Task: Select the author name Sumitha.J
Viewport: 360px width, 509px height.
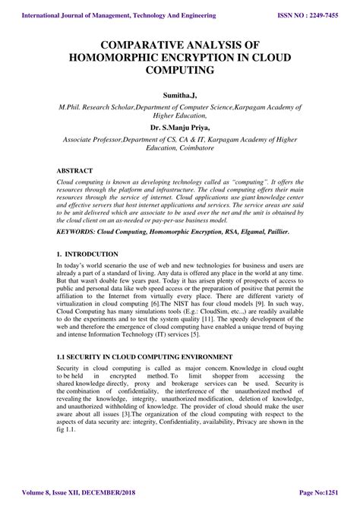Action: click(179, 95)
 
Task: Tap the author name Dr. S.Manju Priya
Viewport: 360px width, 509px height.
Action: click(179, 128)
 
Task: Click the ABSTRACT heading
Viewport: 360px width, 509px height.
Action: click(74, 172)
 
